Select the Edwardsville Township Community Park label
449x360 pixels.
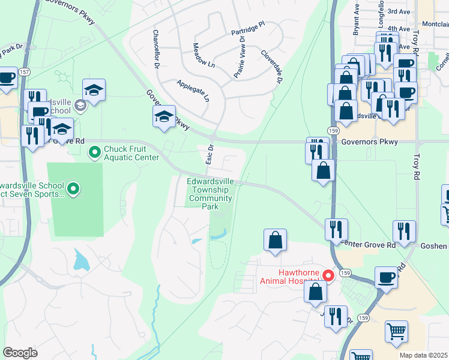[x=209, y=194]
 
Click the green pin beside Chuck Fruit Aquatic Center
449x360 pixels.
[x=94, y=153]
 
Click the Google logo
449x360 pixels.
[x=20, y=352]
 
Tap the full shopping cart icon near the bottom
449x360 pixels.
[x=397, y=331]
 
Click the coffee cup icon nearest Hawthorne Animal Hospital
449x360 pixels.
[x=386, y=278]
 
